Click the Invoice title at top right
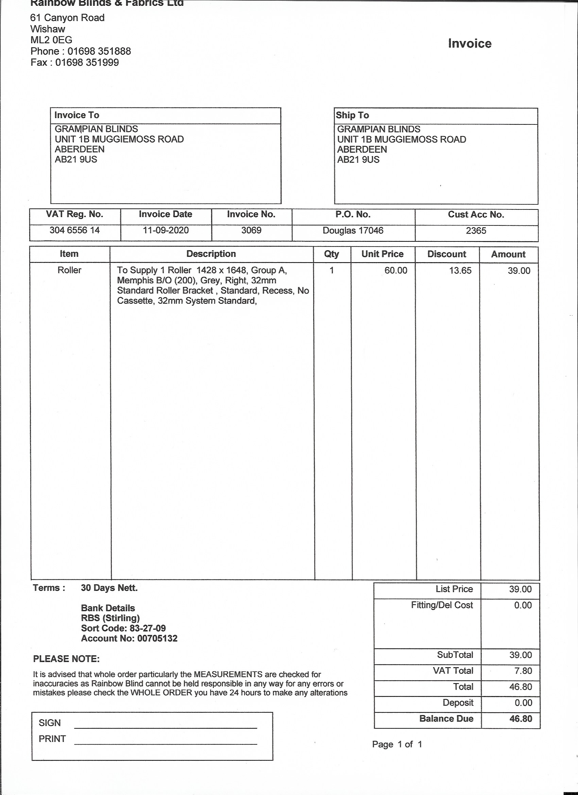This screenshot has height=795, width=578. point(469,44)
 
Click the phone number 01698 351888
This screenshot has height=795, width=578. point(99,51)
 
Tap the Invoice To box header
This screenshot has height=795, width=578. point(77,115)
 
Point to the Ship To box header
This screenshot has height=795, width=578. point(352,115)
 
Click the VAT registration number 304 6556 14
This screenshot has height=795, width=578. point(74,230)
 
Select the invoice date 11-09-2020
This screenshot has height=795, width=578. point(166,230)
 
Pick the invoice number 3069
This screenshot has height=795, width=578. point(251,230)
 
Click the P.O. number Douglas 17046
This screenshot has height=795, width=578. point(353,231)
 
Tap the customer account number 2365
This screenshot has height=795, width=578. point(476,231)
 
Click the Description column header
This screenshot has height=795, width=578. point(211,254)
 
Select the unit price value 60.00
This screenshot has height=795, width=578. point(396,270)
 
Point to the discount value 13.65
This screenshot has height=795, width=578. point(460,270)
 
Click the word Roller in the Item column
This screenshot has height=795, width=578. point(69,270)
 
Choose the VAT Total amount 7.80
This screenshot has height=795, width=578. point(523,671)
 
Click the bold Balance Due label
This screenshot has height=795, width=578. point(446,718)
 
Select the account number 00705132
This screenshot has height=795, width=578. point(157,638)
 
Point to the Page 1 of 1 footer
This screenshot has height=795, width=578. point(397,744)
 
